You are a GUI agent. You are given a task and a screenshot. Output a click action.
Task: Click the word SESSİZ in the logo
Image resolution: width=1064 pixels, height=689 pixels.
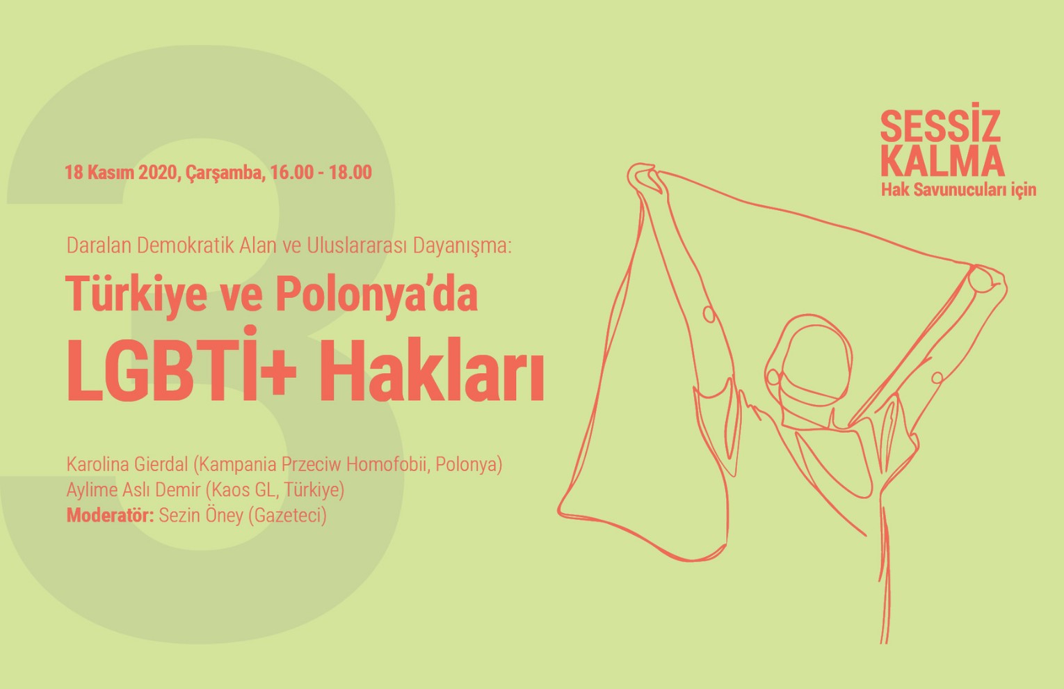(x=940, y=127)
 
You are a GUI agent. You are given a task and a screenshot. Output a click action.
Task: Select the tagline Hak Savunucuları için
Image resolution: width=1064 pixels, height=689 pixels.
(x=958, y=189)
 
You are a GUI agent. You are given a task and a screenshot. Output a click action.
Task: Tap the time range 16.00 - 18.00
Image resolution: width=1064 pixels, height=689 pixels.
(x=321, y=172)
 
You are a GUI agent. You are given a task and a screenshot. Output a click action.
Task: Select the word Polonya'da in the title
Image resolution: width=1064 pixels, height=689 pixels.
(x=376, y=294)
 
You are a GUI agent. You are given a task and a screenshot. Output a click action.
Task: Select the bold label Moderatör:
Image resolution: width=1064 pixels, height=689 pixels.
(x=110, y=516)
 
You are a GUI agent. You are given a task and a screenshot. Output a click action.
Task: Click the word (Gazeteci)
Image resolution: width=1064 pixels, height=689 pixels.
(x=287, y=516)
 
